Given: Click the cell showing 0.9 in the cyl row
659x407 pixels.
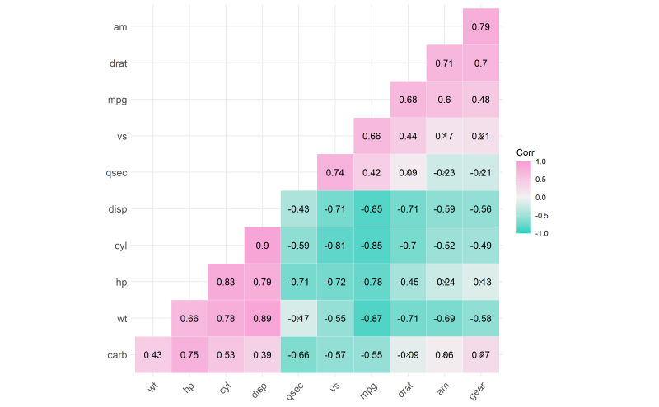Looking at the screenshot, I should coord(262,246).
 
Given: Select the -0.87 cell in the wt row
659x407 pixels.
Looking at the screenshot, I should coord(372,319).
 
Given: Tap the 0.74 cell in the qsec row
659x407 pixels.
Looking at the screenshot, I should coord(334,173).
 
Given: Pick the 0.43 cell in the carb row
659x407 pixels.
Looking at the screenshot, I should coord(152,355).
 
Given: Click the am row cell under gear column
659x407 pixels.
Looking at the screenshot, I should coord(481,26).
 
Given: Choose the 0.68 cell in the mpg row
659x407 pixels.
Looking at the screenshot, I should coord(408,100).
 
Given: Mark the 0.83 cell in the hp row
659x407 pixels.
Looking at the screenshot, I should coord(226,283).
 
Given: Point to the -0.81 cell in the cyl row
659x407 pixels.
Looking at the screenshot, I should coord(334,246).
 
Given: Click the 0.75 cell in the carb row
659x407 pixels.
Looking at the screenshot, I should coord(189,355).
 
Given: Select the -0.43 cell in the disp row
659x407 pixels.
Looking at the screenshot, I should coord(298,209).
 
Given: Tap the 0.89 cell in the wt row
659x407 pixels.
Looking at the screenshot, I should coord(262,319).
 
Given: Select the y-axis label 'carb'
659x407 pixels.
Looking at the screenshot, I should coord(116,355).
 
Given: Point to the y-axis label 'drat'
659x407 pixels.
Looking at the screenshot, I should coord(117,63).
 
